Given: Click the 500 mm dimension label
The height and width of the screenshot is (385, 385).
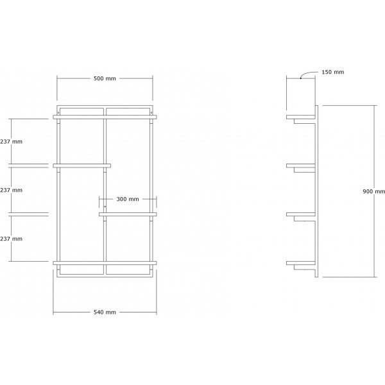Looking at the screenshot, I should tap(105, 78).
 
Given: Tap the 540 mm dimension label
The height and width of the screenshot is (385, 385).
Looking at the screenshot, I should tap(105, 312).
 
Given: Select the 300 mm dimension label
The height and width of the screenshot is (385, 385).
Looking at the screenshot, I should tap(128, 199).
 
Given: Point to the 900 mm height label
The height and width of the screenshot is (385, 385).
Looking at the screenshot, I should tap(373, 191).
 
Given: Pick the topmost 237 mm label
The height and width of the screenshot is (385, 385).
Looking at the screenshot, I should tap(12, 142).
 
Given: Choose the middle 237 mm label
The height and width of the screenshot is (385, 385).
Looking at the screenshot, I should tap(12, 190).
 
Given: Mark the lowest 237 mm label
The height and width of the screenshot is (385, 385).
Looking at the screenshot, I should tap(12, 238).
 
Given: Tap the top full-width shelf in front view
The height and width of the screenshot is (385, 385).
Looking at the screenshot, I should tap(105, 117).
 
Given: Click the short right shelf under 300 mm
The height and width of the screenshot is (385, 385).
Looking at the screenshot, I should tap(128, 214).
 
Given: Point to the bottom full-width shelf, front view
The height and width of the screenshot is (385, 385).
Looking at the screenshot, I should tap(105, 262).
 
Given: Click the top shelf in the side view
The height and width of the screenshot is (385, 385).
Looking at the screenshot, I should tap(302, 117).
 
